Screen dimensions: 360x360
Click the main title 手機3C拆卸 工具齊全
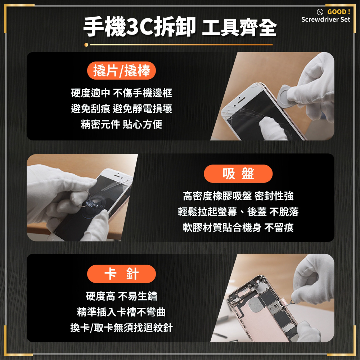pyautogui.click(x=180, y=27)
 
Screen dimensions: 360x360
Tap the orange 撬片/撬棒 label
pyautogui.click(x=121, y=71)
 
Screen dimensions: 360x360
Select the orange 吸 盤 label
pyautogui.click(x=238, y=174)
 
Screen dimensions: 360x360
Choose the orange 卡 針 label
pyautogui.click(x=121, y=274)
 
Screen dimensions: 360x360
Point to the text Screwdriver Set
pyautogui.click(x=325, y=19)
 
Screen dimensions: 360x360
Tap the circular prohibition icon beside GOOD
pyautogui.click(x=319, y=12)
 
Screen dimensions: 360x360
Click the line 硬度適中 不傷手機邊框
pyautogui.click(x=121, y=93)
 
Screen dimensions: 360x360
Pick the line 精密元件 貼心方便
pyautogui.click(x=121, y=124)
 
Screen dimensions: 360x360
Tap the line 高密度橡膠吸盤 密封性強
pyautogui.click(x=238, y=196)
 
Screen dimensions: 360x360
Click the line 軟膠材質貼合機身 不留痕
pyautogui.click(x=238, y=228)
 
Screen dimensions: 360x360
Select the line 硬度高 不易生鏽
pyautogui.click(x=121, y=296)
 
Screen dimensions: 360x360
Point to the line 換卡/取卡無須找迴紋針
pyautogui.click(x=121, y=328)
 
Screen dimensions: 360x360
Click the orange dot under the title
pyautogui.click(x=86, y=45)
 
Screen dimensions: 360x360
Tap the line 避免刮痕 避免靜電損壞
pyautogui.click(x=121, y=109)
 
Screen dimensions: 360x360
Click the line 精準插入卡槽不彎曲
pyautogui.click(x=121, y=312)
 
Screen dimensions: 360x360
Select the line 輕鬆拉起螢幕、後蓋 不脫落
pyautogui.click(x=238, y=212)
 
